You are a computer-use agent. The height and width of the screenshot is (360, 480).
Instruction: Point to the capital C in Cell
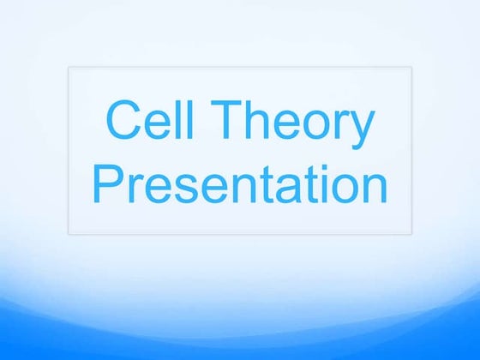[121, 122]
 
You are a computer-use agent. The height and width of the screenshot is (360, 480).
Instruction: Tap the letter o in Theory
[315, 126]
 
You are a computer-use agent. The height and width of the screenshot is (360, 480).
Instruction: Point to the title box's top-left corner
[69, 68]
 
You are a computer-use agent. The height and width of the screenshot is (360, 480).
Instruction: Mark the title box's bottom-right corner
[412, 233]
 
